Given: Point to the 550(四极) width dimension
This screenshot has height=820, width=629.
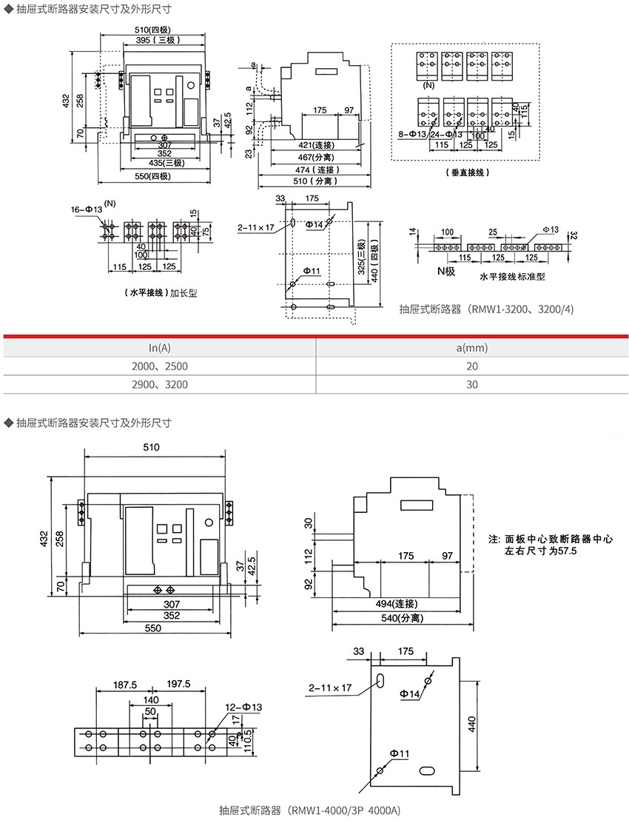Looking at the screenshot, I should coord(152,176).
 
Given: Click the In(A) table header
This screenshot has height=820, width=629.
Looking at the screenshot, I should coord(160,347).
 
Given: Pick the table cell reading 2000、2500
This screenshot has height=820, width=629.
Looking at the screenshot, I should coord(160,366).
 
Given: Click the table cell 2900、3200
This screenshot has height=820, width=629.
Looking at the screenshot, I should coord(160,384).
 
